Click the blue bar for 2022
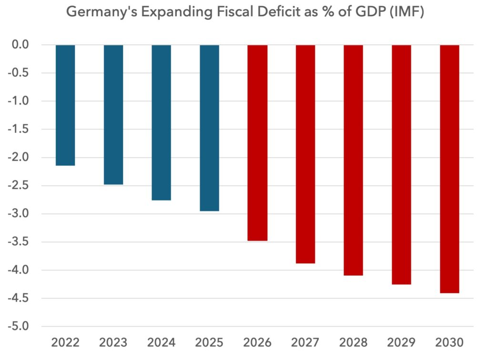click(x=65, y=105)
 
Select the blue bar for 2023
click(x=113, y=115)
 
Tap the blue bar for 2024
click(x=161, y=122)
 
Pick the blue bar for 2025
click(x=209, y=128)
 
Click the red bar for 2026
click(x=257, y=143)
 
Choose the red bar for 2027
click(x=305, y=154)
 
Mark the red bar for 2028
click(x=353, y=160)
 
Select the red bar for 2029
click(x=401, y=164)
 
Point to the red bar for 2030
click(x=449, y=169)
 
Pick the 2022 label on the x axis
click(x=65, y=343)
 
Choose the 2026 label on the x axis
click(x=257, y=343)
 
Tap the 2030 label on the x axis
click(x=449, y=343)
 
